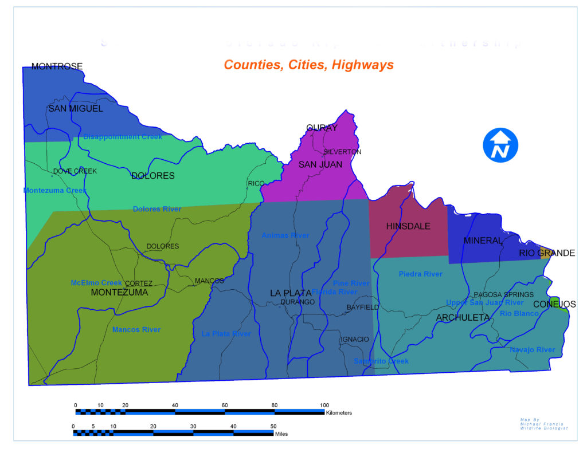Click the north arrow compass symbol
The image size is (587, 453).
[500, 144]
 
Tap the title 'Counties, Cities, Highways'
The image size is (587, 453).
[308, 65]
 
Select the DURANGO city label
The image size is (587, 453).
[298, 302]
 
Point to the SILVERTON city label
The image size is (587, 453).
[342, 152]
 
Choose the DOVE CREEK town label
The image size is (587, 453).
[75, 171]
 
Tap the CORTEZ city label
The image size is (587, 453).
[139, 283]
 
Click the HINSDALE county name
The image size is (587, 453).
[408, 226]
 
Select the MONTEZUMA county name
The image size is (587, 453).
[119, 292]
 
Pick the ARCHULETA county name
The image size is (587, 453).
[463, 317]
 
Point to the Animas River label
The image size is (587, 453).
[285, 235]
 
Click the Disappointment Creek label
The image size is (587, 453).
[123, 137]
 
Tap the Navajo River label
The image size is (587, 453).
[532, 349]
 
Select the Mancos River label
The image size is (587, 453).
[136, 329]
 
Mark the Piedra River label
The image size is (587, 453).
[421, 274]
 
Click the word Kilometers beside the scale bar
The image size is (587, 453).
[338, 412]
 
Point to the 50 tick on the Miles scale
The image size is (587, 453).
[273, 426]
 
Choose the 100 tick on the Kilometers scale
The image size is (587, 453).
[324, 405]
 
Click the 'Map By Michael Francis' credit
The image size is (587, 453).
[543, 424]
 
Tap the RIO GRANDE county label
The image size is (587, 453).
[547, 253]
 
